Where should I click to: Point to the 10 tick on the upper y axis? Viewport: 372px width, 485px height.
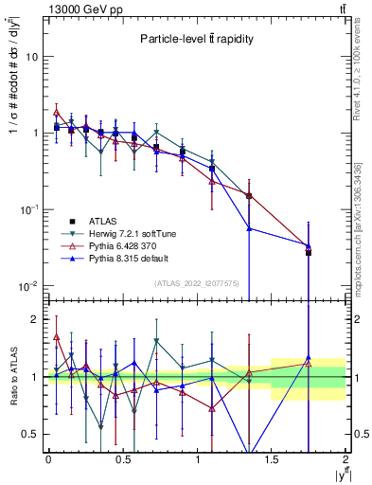35,57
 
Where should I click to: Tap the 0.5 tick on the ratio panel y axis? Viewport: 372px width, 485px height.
34,434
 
